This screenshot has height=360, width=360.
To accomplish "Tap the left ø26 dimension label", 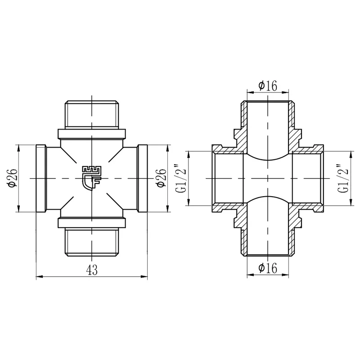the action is point(13,178).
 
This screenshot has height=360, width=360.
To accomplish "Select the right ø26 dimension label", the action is point(161,178).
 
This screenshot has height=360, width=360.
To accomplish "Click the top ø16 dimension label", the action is point(268,85).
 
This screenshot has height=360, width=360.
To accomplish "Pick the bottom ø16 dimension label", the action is point(268,268).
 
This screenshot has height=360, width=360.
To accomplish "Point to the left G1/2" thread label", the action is point(183,178).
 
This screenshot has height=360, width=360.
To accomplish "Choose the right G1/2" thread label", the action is point(343,178).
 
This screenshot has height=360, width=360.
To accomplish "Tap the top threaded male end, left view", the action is point(92,114).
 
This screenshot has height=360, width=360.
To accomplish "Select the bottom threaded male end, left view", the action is point(92,242).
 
